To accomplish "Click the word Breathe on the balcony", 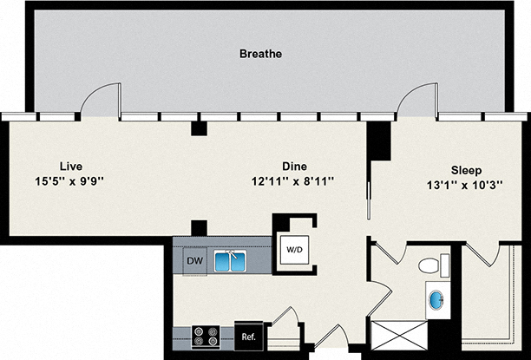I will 260,54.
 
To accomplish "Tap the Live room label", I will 72,165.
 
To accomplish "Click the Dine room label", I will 295,165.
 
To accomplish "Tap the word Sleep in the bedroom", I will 466,170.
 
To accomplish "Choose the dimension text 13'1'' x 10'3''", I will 466,185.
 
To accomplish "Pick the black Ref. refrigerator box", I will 247,335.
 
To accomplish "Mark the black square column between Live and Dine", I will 199,128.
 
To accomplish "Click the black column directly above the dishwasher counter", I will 199,228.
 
